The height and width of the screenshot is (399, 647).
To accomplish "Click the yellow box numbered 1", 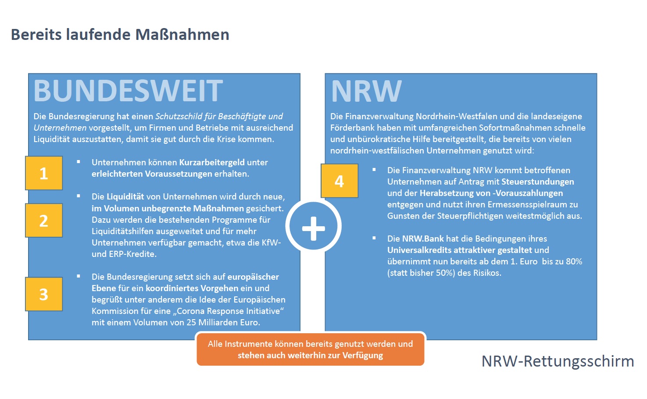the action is tap(44, 173).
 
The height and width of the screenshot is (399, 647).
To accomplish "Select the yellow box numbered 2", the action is tap(44, 220).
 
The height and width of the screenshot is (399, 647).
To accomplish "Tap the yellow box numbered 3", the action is tap(44, 294).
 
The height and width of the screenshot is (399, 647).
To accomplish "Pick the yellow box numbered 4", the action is tap(340, 181).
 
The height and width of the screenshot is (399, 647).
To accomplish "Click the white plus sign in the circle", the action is tap(313, 228).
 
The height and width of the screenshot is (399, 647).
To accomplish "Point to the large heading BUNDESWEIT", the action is tap(128, 91).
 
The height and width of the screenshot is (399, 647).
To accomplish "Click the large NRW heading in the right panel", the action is tap(366, 91).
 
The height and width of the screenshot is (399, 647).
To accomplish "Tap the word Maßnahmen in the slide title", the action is tap(182, 35).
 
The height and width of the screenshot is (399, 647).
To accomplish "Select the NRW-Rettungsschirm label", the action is tap(558, 361).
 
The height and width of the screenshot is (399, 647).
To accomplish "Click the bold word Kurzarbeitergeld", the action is tap(212, 162).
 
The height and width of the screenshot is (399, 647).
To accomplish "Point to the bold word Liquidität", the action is tap(125, 196).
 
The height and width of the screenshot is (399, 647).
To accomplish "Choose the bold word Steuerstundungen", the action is tap(537, 182).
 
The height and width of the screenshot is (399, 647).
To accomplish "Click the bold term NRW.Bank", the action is tap(423, 239).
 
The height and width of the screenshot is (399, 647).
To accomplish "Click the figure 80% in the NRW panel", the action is tap(574, 261).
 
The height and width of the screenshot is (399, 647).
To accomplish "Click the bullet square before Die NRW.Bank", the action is tap(374, 238).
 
